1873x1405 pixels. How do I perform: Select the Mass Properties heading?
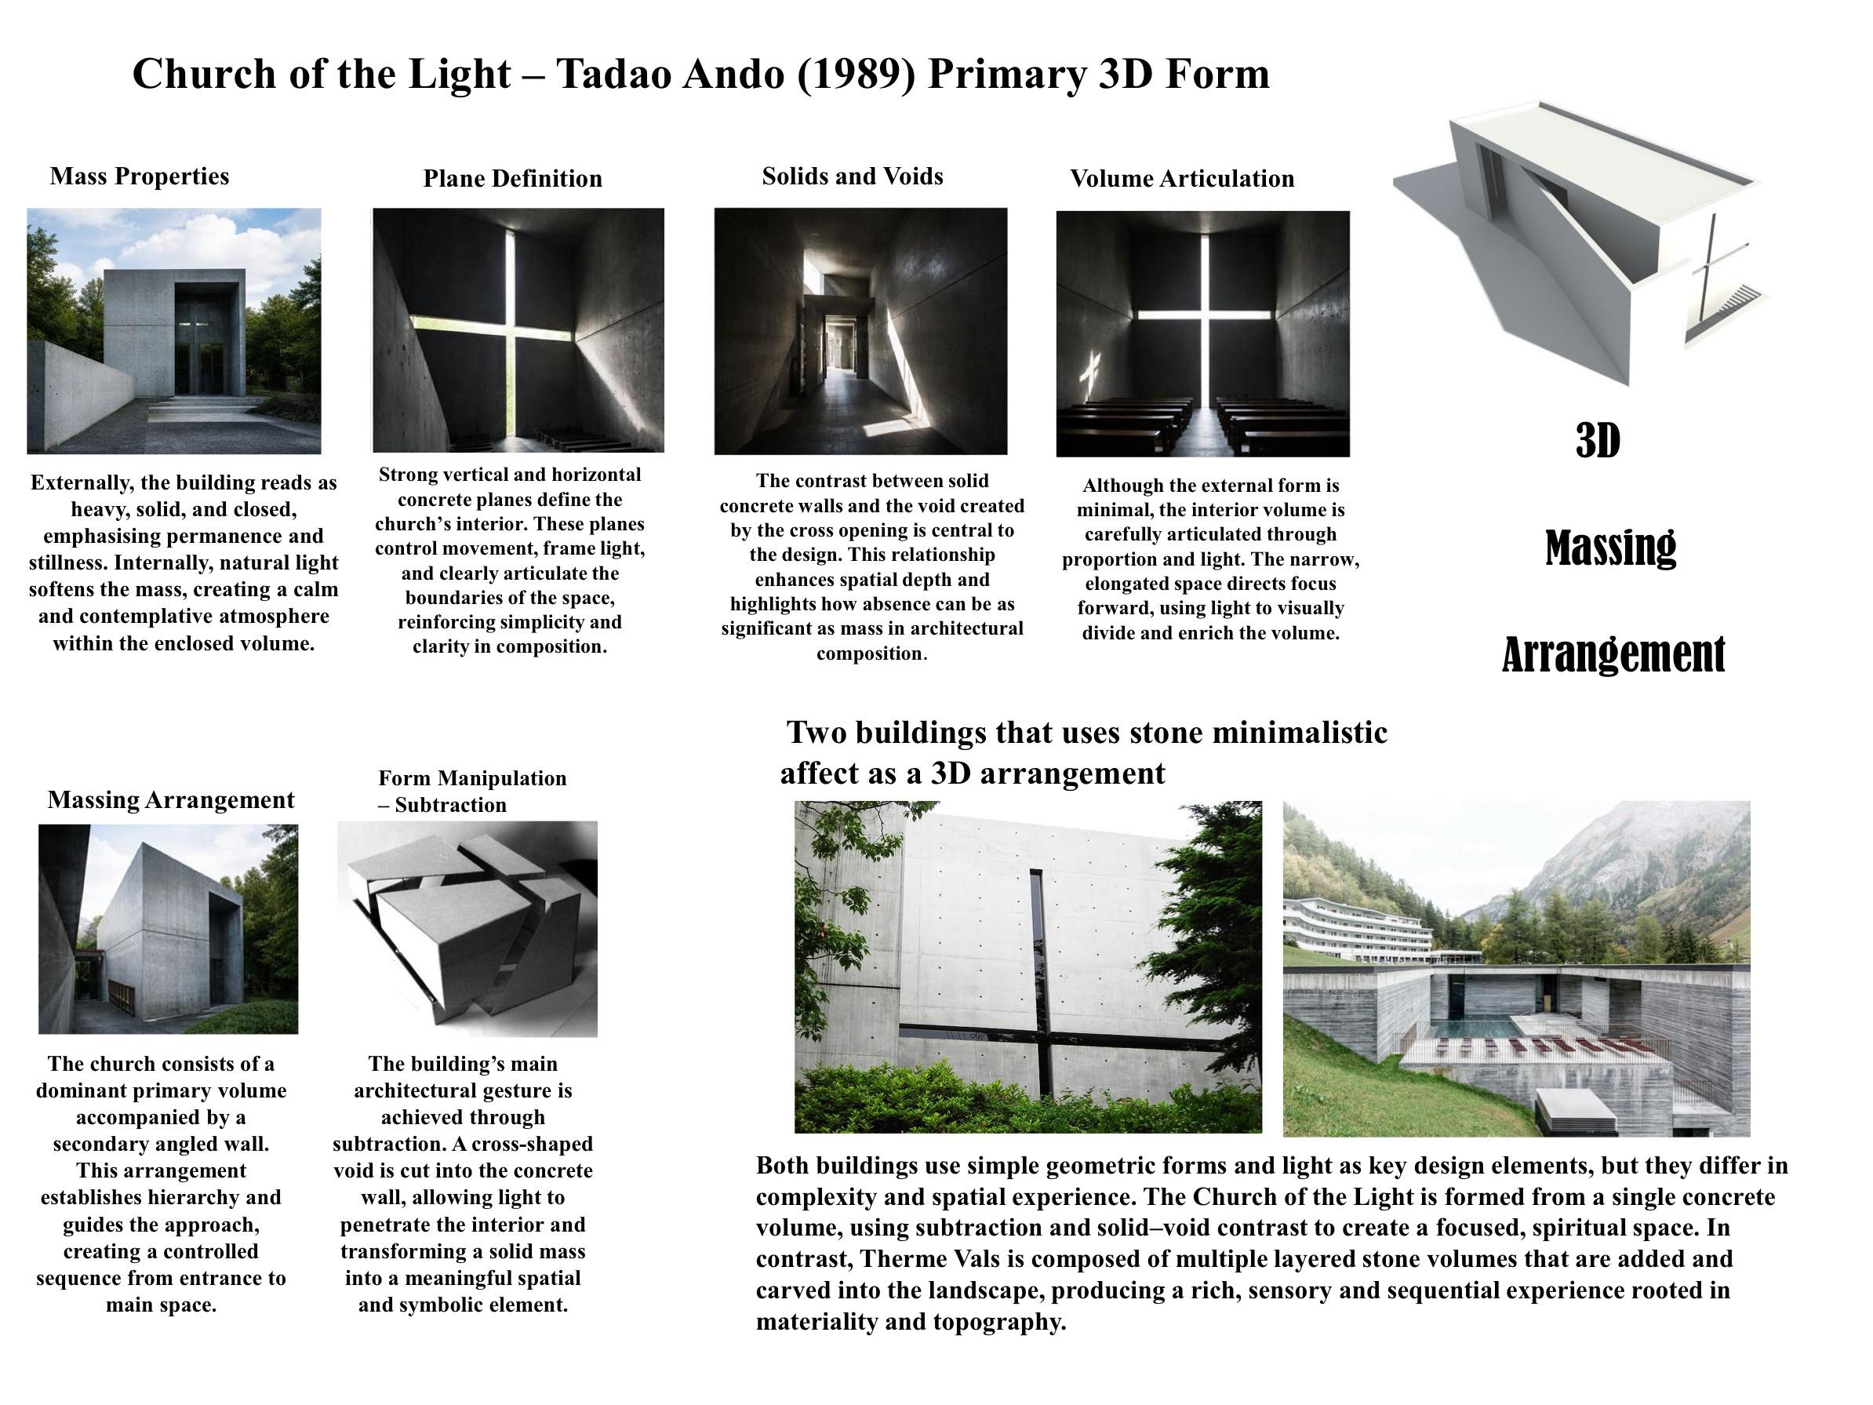point(140,177)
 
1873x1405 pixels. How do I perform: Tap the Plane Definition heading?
point(512,179)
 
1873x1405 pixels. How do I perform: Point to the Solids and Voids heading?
point(852,177)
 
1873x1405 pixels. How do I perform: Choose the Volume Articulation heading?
point(1182,179)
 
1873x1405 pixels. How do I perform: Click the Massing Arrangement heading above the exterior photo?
point(171,800)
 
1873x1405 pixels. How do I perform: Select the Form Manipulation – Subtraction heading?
point(471,791)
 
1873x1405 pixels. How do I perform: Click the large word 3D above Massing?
point(1598,440)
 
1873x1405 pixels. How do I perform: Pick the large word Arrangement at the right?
point(1613,655)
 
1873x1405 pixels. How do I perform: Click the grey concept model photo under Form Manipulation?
point(467,929)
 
